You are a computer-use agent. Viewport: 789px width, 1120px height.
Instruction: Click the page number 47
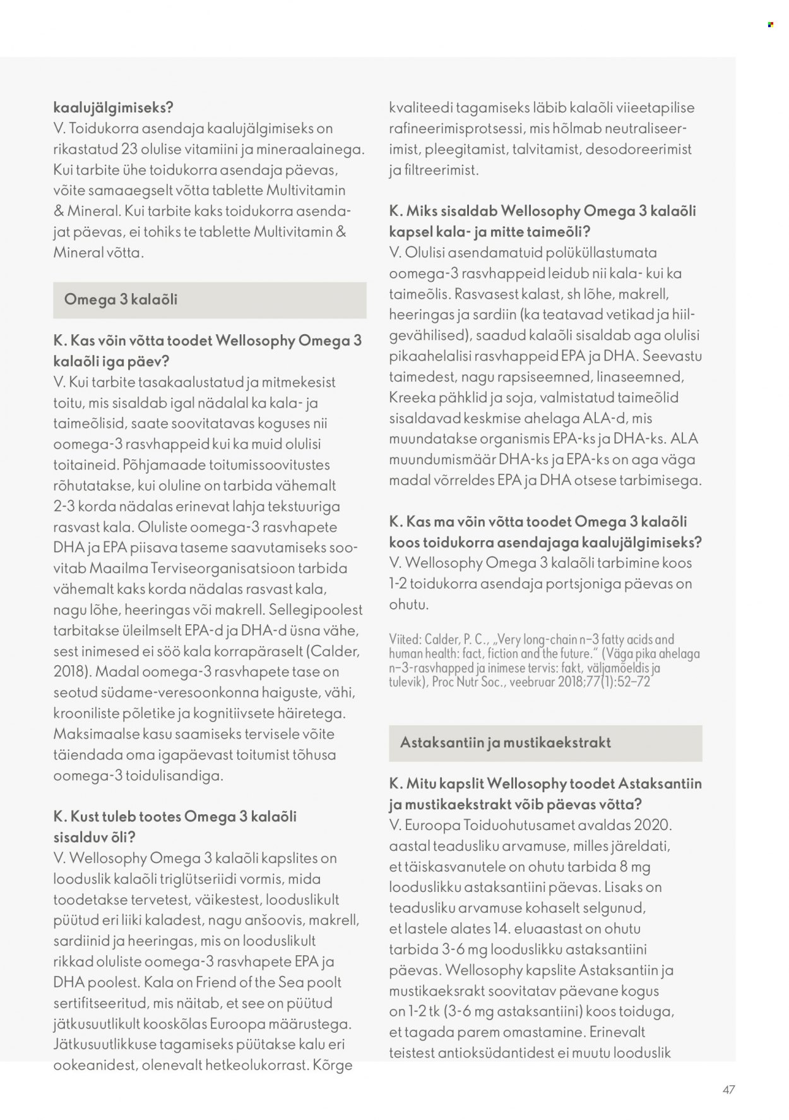point(728,1089)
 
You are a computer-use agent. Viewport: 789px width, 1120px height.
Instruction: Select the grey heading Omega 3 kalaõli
point(121,299)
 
